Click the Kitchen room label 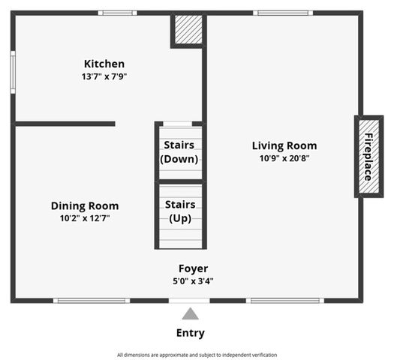pyautogui.click(x=104, y=64)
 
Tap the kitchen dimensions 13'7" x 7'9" pyautogui.click(x=104, y=76)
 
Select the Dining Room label pyautogui.click(x=85, y=205)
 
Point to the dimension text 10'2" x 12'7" pyautogui.click(x=85, y=218)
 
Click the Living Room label pyautogui.click(x=284, y=145)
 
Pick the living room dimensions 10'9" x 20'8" pyautogui.click(x=284, y=158)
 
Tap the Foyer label pyautogui.click(x=193, y=268)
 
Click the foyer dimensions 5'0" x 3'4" pyautogui.click(x=193, y=281)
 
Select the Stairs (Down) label pyautogui.click(x=179, y=151)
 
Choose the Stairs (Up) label pyautogui.click(x=179, y=211)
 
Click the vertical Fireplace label pyautogui.click(x=368, y=157)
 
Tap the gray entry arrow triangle pyautogui.click(x=191, y=313)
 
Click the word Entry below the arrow pyautogui.click(x=191, y=333)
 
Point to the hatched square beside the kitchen pyautogui.click(x=188, y=30)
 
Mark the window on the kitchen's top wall pyautogui.click(x=118, y=13)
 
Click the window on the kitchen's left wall pyautogui.click(x=13, y=72)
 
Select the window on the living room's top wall pyautogui.click(x=282, y=13)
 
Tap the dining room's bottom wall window pyautogui.click(x=92, y=301)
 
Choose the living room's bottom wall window pyautogui.click(x=285, y=301)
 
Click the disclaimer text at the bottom pyautogui.click(x=197, y=355)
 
